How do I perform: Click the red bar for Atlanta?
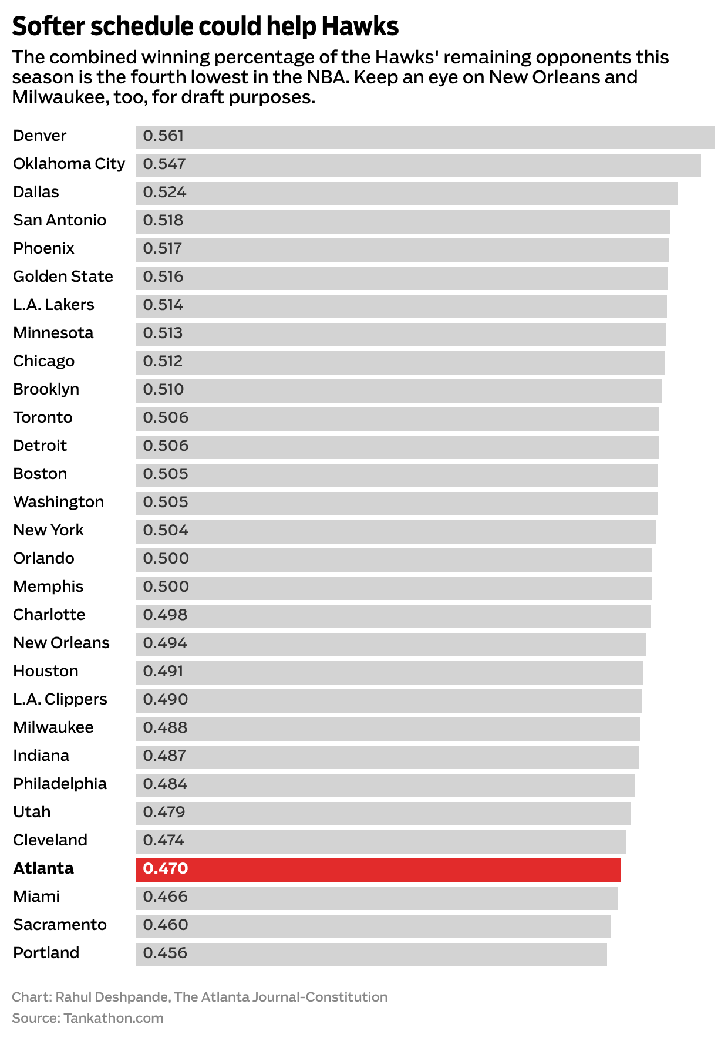[x=379, y=870]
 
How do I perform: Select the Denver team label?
[x=40, y=136]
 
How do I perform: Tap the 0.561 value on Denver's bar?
[x=163, y=136]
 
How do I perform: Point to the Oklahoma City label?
[x=69, y=164]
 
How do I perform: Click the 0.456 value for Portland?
[x=165, y=953]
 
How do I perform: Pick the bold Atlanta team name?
[x=43, y=868]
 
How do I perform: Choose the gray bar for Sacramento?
[x=373, y=926]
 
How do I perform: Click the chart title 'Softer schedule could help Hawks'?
[x=205, y=26]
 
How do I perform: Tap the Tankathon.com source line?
[x=87, y=1018]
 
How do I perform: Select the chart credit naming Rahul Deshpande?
[x=200, y=997]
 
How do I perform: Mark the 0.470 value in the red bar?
[x=166, y=868]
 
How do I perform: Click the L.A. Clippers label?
[x=60, y=699]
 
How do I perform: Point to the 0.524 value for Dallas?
[x=164, y=192]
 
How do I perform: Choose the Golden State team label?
[x=63, y=277]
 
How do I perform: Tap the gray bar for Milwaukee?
[x=387, y=729]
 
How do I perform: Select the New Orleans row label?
[x=61, y=643]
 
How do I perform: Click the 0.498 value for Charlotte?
[x=165, y=615]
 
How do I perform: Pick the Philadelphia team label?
[x=60, y=784]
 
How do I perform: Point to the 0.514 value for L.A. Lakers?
[x=163, y=305]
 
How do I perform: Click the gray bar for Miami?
[x=377, y=898]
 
